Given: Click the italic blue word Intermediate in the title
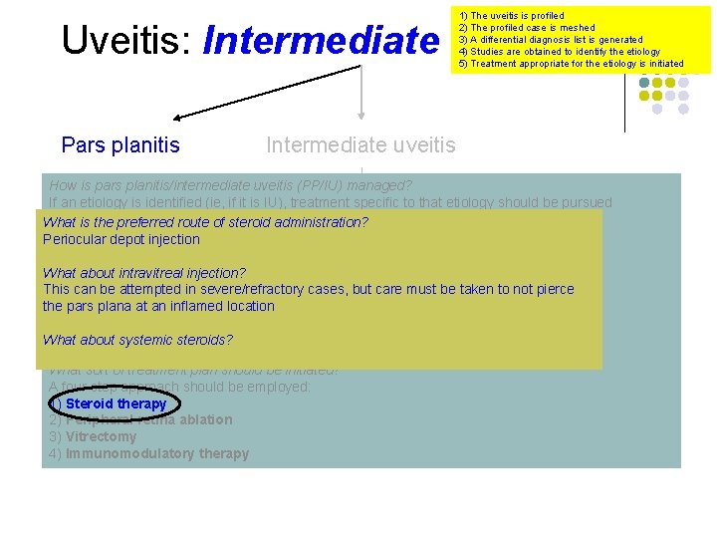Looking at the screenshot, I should [x=320, y=41].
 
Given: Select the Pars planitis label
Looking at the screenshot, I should [x=120, y=145].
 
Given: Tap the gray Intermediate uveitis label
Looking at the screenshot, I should [x=360, y=145].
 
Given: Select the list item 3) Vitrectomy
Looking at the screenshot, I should [x=93, y=436].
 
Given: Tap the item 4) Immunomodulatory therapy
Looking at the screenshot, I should [x=149, y=453].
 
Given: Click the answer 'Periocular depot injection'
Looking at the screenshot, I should [x=121, y=239].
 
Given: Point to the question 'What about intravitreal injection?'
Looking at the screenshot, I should [x=144, y=272].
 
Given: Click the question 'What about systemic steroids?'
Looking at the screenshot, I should [x=137, y=340].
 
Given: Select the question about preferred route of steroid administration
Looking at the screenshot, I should [x=205, y=222].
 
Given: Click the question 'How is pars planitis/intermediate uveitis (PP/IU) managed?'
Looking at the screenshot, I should [x=230, y=185].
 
